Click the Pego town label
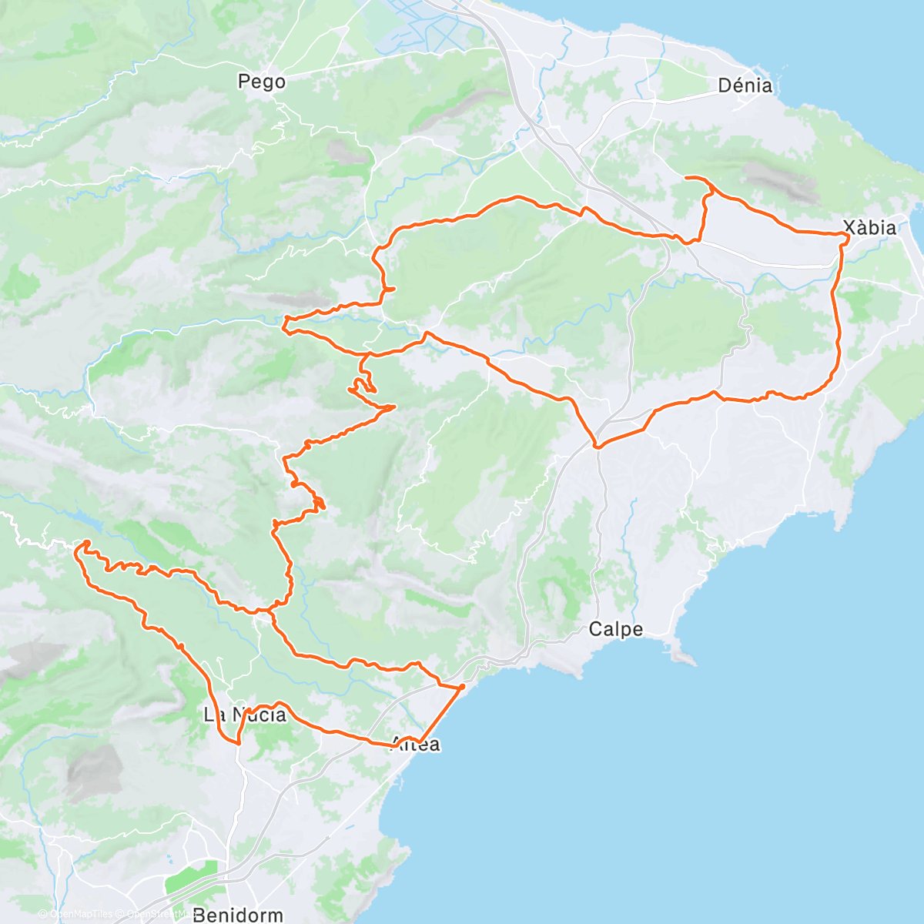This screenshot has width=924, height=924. (x=262, y=82)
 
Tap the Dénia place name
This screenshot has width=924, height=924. (x=745, y=85)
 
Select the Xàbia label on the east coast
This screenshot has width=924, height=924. (x=869, y=227)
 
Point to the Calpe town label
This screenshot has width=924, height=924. (x=615, y=629)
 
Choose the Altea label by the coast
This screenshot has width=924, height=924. (x=417, y=744)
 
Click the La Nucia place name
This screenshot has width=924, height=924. (x=244, y=715)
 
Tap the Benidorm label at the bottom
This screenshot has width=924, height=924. (x=238, y=915)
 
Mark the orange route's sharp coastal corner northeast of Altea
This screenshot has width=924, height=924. (x=463, y=685)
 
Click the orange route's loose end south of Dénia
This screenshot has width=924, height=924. (x=685, y=178)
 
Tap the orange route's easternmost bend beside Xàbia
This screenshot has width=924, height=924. (x=848, y=237)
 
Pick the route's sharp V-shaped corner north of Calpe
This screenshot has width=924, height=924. (x=596, y=446)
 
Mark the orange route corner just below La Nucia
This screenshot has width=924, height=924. (x=238, y=743)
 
